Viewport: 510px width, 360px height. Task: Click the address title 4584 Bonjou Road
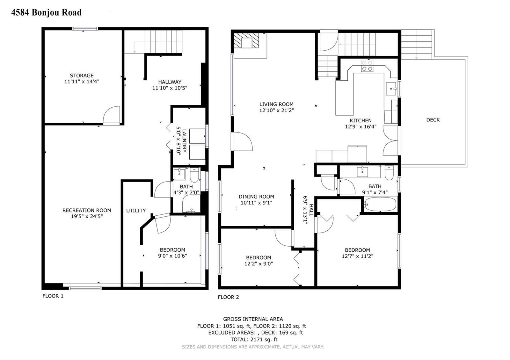(47, 12)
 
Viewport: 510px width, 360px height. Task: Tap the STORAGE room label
(82, 75)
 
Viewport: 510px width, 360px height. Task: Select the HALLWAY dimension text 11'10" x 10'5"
(170, 88)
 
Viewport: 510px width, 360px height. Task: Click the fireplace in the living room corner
(247, 40)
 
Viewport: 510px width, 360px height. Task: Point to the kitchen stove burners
(367, 66)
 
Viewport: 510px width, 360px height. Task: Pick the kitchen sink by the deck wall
(391, 89)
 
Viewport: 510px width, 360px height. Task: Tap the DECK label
(433, 120)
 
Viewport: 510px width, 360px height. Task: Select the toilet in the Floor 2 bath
(389, 173)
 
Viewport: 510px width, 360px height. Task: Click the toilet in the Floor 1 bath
(194, 175)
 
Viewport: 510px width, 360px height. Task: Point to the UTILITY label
(136, 211)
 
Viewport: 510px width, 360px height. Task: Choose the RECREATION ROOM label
(87, 210)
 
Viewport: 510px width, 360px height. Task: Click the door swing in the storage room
(111, 115)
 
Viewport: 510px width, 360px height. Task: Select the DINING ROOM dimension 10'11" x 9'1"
(256, 203)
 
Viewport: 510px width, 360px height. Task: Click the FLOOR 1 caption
(53, 296)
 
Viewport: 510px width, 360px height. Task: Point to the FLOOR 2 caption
(228, 297)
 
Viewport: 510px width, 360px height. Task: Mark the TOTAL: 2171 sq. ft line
(254, 340)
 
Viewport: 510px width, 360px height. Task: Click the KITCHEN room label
(361, 121)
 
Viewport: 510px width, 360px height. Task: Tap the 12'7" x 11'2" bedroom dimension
(357, 256)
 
